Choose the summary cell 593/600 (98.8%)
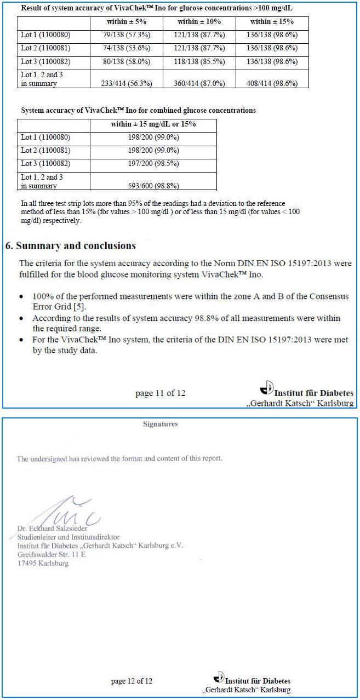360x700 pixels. coord(153,186)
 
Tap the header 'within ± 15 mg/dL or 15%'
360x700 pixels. coord(153,124)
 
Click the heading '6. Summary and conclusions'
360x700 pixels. coord(71,245)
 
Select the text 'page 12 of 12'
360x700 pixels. coord(132,681)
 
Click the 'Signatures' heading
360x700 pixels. coord(160,424)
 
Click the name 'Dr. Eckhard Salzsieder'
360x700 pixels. coord(53,529)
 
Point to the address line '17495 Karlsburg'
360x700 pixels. coord(43,563)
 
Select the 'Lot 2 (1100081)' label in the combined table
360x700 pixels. coord(45,151)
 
